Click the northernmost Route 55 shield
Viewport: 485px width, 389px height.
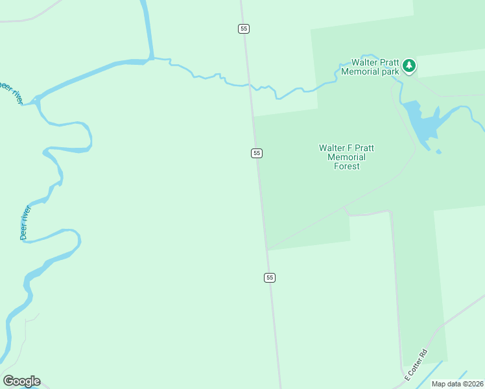243,29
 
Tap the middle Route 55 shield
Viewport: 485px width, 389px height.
257,153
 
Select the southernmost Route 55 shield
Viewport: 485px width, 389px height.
270,277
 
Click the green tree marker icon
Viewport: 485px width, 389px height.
408,65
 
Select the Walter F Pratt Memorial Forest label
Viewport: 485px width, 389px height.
346,157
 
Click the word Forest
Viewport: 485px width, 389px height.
346,167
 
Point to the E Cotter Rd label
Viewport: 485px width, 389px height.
416,365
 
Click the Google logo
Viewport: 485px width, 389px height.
21,381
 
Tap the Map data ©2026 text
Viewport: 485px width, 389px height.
458,384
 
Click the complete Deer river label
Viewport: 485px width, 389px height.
25,223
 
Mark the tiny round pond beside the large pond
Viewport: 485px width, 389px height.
439,152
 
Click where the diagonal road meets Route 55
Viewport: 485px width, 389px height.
266,250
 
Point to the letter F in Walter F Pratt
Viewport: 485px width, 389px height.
348,148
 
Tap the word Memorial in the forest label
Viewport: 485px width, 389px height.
346,157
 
